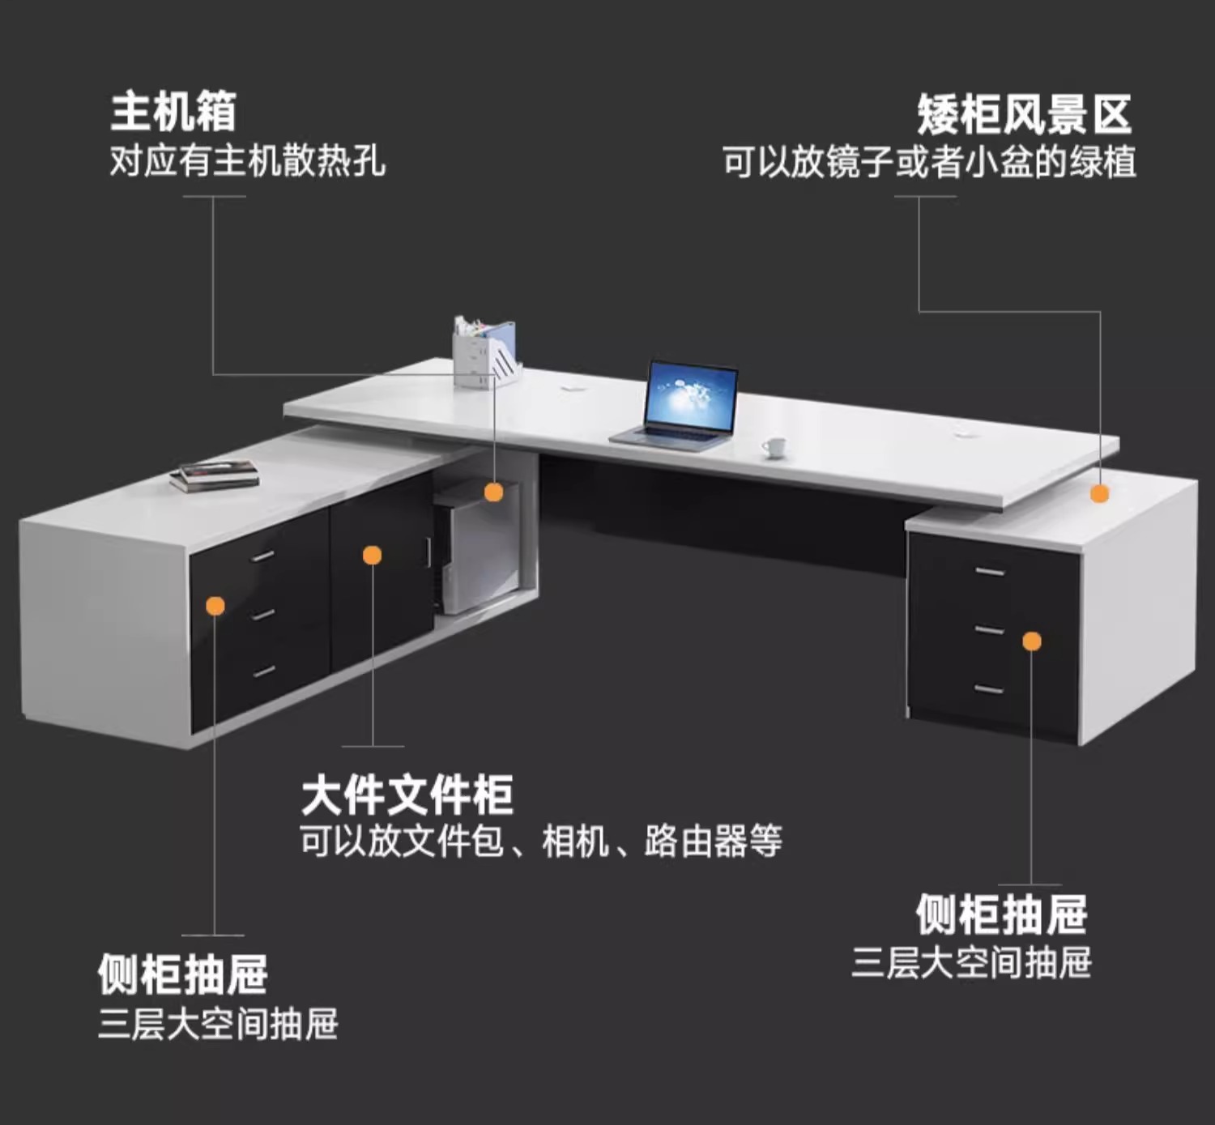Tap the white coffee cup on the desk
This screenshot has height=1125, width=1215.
(x=774, y=446)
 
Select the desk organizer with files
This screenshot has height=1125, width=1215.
(x=484, y=353)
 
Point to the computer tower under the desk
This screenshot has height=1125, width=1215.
(x=474, y=551)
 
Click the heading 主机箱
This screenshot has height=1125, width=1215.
(x=173, y=111)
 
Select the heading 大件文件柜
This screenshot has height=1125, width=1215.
(x=407, y=795)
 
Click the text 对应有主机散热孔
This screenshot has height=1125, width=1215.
(x=247, y=160)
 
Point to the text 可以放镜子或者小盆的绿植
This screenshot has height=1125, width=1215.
(x=929, y=161)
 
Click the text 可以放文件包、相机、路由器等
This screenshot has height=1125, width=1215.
(x=540, y=841)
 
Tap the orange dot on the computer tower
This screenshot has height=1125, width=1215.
(x=493, y=492)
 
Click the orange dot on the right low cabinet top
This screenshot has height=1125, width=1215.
(x=1099, y=493)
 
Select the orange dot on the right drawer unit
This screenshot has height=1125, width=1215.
(x=1032, y=641)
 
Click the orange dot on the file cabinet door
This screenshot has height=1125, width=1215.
(x=372, y=555)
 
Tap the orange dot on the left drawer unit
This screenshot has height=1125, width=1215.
(x=215, y=606)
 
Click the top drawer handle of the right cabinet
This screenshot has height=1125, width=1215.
(x=990, y=572)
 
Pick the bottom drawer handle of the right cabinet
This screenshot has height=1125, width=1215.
(x=989, y=689)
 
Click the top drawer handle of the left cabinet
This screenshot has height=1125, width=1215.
(x=262, y=556)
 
